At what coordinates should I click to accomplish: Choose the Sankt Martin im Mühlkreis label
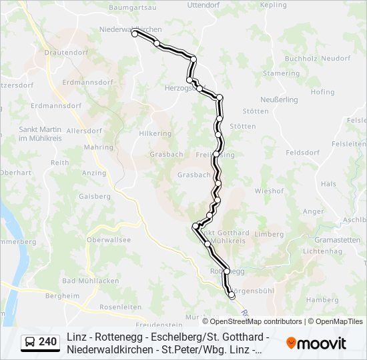coord(39,133)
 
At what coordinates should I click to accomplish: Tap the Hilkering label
coord(155,133)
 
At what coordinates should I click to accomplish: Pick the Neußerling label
coord(278,99)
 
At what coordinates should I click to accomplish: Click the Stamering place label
coord(282,73)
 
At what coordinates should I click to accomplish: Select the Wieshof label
coord(269,191)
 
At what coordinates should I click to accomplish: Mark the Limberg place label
coord(269,234)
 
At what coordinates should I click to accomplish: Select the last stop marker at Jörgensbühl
coord(232,295)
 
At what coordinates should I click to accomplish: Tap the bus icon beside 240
coord(29,342)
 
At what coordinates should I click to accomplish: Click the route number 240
coord(47,342)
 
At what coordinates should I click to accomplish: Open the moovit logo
coord(316,343)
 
